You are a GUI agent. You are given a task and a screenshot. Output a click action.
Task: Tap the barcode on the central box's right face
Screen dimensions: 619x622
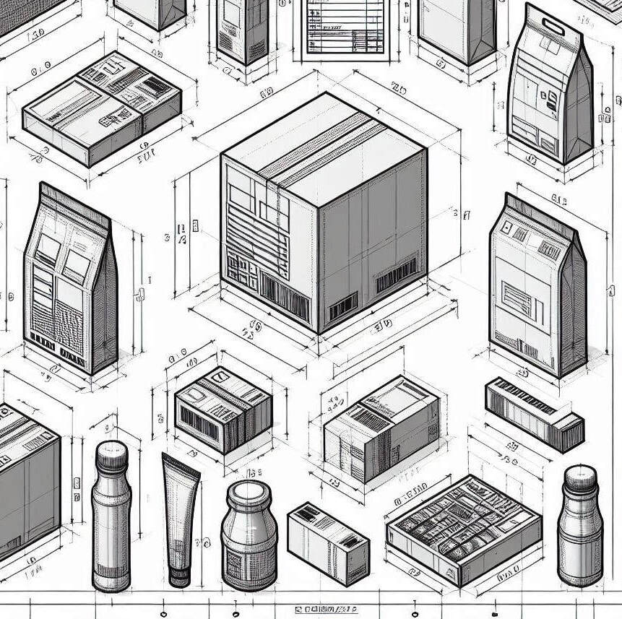[x=396, y=275]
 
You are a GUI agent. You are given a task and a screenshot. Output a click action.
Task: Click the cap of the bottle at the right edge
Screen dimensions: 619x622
[x=580, y=478]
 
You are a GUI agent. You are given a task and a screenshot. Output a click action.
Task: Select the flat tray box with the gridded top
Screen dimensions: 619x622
[x=463, y=528]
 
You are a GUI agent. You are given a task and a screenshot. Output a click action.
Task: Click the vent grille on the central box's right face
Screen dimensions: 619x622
[x=342, y=307]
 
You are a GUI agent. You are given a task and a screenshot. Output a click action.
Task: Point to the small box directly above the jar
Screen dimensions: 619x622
[x=223, y=408]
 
